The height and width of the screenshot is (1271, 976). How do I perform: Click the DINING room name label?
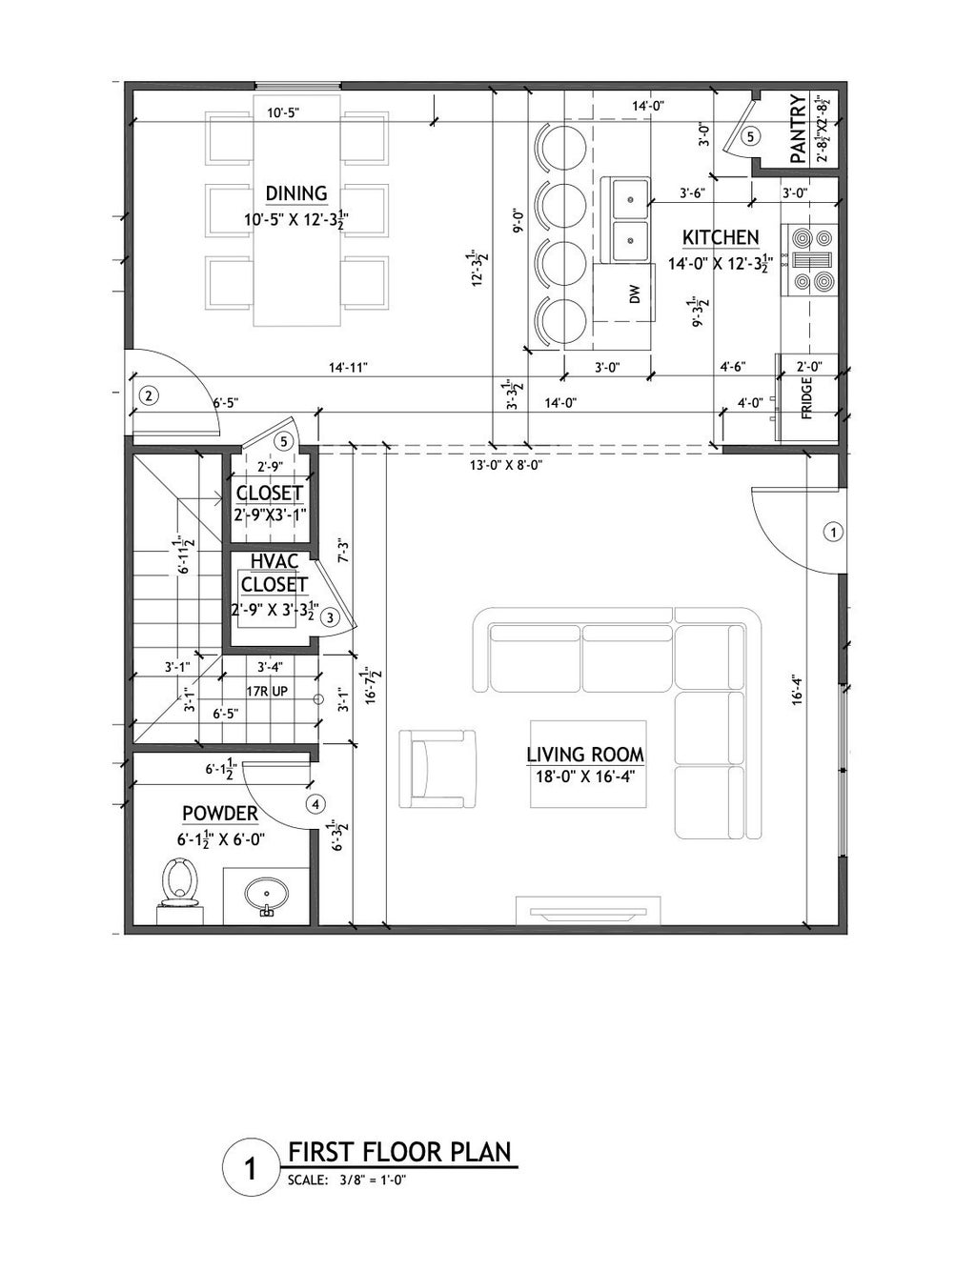(296, 193)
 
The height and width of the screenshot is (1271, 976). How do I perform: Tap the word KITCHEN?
(721, 237)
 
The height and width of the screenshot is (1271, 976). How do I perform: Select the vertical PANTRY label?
(798, 129)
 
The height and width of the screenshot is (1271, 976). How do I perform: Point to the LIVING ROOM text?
(585, 755)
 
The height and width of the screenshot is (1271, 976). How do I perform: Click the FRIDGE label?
(807, 397)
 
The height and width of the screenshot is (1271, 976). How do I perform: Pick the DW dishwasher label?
(636, 294)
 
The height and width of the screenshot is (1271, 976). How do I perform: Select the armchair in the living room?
(437, 769)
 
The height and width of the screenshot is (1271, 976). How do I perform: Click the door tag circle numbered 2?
(149, 396)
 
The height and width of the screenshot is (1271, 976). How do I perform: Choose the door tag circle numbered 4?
(316, 804)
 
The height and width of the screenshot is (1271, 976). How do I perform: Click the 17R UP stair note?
(267, 692)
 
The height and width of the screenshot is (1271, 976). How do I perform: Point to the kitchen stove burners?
(812, 260)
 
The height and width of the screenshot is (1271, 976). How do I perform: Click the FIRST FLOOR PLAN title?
(400, 1152)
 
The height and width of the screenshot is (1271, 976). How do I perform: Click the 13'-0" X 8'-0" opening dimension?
(507, 466)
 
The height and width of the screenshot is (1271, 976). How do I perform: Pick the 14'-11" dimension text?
(349, 368)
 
